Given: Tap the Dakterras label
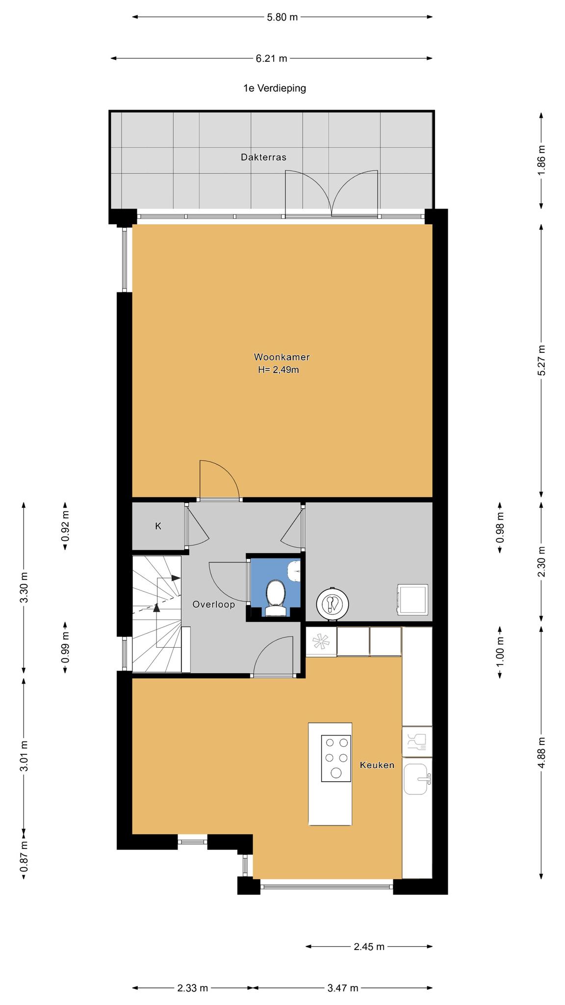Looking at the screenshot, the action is click(263, 158).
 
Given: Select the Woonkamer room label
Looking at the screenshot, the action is click(282, 357).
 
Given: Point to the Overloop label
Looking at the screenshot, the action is click(213, 605).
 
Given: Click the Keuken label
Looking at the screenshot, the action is click(377, 765).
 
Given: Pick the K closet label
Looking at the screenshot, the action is click(158, 526).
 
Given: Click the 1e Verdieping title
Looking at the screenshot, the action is click(275, 88).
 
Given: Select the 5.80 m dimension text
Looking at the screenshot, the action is click(282, 17).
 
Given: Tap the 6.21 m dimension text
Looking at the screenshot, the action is click(271, 58).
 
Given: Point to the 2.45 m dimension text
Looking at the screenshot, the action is click(369, 947).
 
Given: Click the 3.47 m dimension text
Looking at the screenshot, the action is click(343, 988).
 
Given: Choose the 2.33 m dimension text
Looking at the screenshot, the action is click(193, 988).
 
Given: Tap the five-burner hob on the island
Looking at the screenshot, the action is click(336, 758).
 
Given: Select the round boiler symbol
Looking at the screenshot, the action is click(332, 603).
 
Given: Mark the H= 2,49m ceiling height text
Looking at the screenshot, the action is click(279, 370).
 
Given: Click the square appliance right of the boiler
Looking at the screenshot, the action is click(413, 599).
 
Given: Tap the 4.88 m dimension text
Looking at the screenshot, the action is click(541, 754).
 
